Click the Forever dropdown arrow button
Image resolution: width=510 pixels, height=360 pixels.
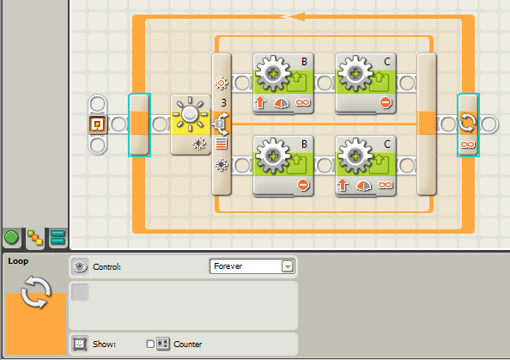click(x=288, y=266)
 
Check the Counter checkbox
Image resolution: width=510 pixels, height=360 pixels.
click(x=150, y=344)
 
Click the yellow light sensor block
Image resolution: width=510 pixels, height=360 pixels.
click(x=191, y=125)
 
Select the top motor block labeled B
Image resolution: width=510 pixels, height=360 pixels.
click(x=283, y=83)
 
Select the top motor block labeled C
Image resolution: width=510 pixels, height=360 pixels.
click(x=366, y=83)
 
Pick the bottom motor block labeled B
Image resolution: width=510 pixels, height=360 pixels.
click(x=283, y=166)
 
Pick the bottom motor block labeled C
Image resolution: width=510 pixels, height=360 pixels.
click(x=366, y=166)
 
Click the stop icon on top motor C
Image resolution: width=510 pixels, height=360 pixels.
click(x=386, y=102)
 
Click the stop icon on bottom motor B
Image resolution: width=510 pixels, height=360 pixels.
click(x=303, y=185)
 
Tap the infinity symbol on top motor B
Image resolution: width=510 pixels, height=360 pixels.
click(x=302, y=102)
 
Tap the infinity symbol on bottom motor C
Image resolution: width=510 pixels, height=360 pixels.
click(x=386, y=185)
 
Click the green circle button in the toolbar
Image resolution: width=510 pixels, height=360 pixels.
click(x=11, y=237)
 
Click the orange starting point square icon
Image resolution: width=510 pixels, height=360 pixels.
click(x=98, y=125)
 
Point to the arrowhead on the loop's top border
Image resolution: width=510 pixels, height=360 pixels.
click(x=296, y=16)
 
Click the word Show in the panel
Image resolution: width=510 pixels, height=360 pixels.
click(x=104, y=344)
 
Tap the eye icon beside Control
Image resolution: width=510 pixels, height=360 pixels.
click(x=80, y=266)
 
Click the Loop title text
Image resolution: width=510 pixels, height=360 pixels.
click(x=18, y=261)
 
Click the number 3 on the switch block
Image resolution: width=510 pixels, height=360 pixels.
click(x=224, y=103)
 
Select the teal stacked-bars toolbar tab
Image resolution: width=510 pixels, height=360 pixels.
click(x=58, y=237)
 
